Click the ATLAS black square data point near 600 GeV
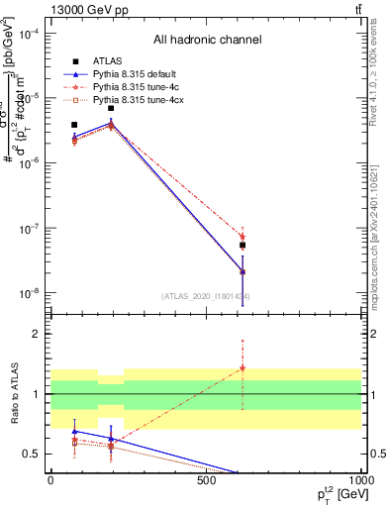pos(243,245)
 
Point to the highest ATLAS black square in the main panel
pos(111,108)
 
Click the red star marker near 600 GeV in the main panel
pos(243,237)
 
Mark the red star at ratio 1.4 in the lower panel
pos(243,368)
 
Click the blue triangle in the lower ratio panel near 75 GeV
pos(74,431)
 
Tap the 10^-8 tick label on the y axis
pos(30,293)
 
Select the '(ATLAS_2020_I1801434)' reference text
pos(205,296)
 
